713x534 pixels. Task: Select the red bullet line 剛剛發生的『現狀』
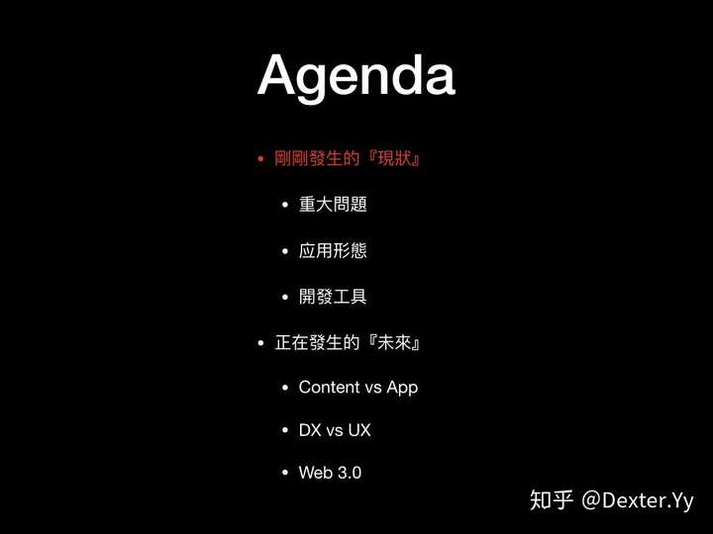pos(347,158)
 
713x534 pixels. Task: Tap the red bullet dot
pos(260,159)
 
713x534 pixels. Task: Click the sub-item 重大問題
pos(333,205)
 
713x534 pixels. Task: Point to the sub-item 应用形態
pos(333,250)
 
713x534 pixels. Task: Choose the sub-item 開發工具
pos(333,297)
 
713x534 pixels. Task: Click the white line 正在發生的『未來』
pos(347,342)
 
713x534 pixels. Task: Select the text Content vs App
pos(358,388)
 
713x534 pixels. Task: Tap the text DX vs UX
pos(335,430)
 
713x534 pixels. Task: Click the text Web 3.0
pos(330,473)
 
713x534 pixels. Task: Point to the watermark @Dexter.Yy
pos(638,500)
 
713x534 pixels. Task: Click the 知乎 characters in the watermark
pos(552,500)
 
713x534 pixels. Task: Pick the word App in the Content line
pos(402,389)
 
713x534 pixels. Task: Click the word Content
pos(329,387)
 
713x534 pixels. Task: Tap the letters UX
pos(359,430)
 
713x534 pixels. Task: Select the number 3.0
pos(350,473)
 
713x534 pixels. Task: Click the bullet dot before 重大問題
pos(285,205)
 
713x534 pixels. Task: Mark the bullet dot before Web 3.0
pos(285,473)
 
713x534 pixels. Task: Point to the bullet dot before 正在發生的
pos(260,343)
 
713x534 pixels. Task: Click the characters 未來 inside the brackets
pos(394,342)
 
